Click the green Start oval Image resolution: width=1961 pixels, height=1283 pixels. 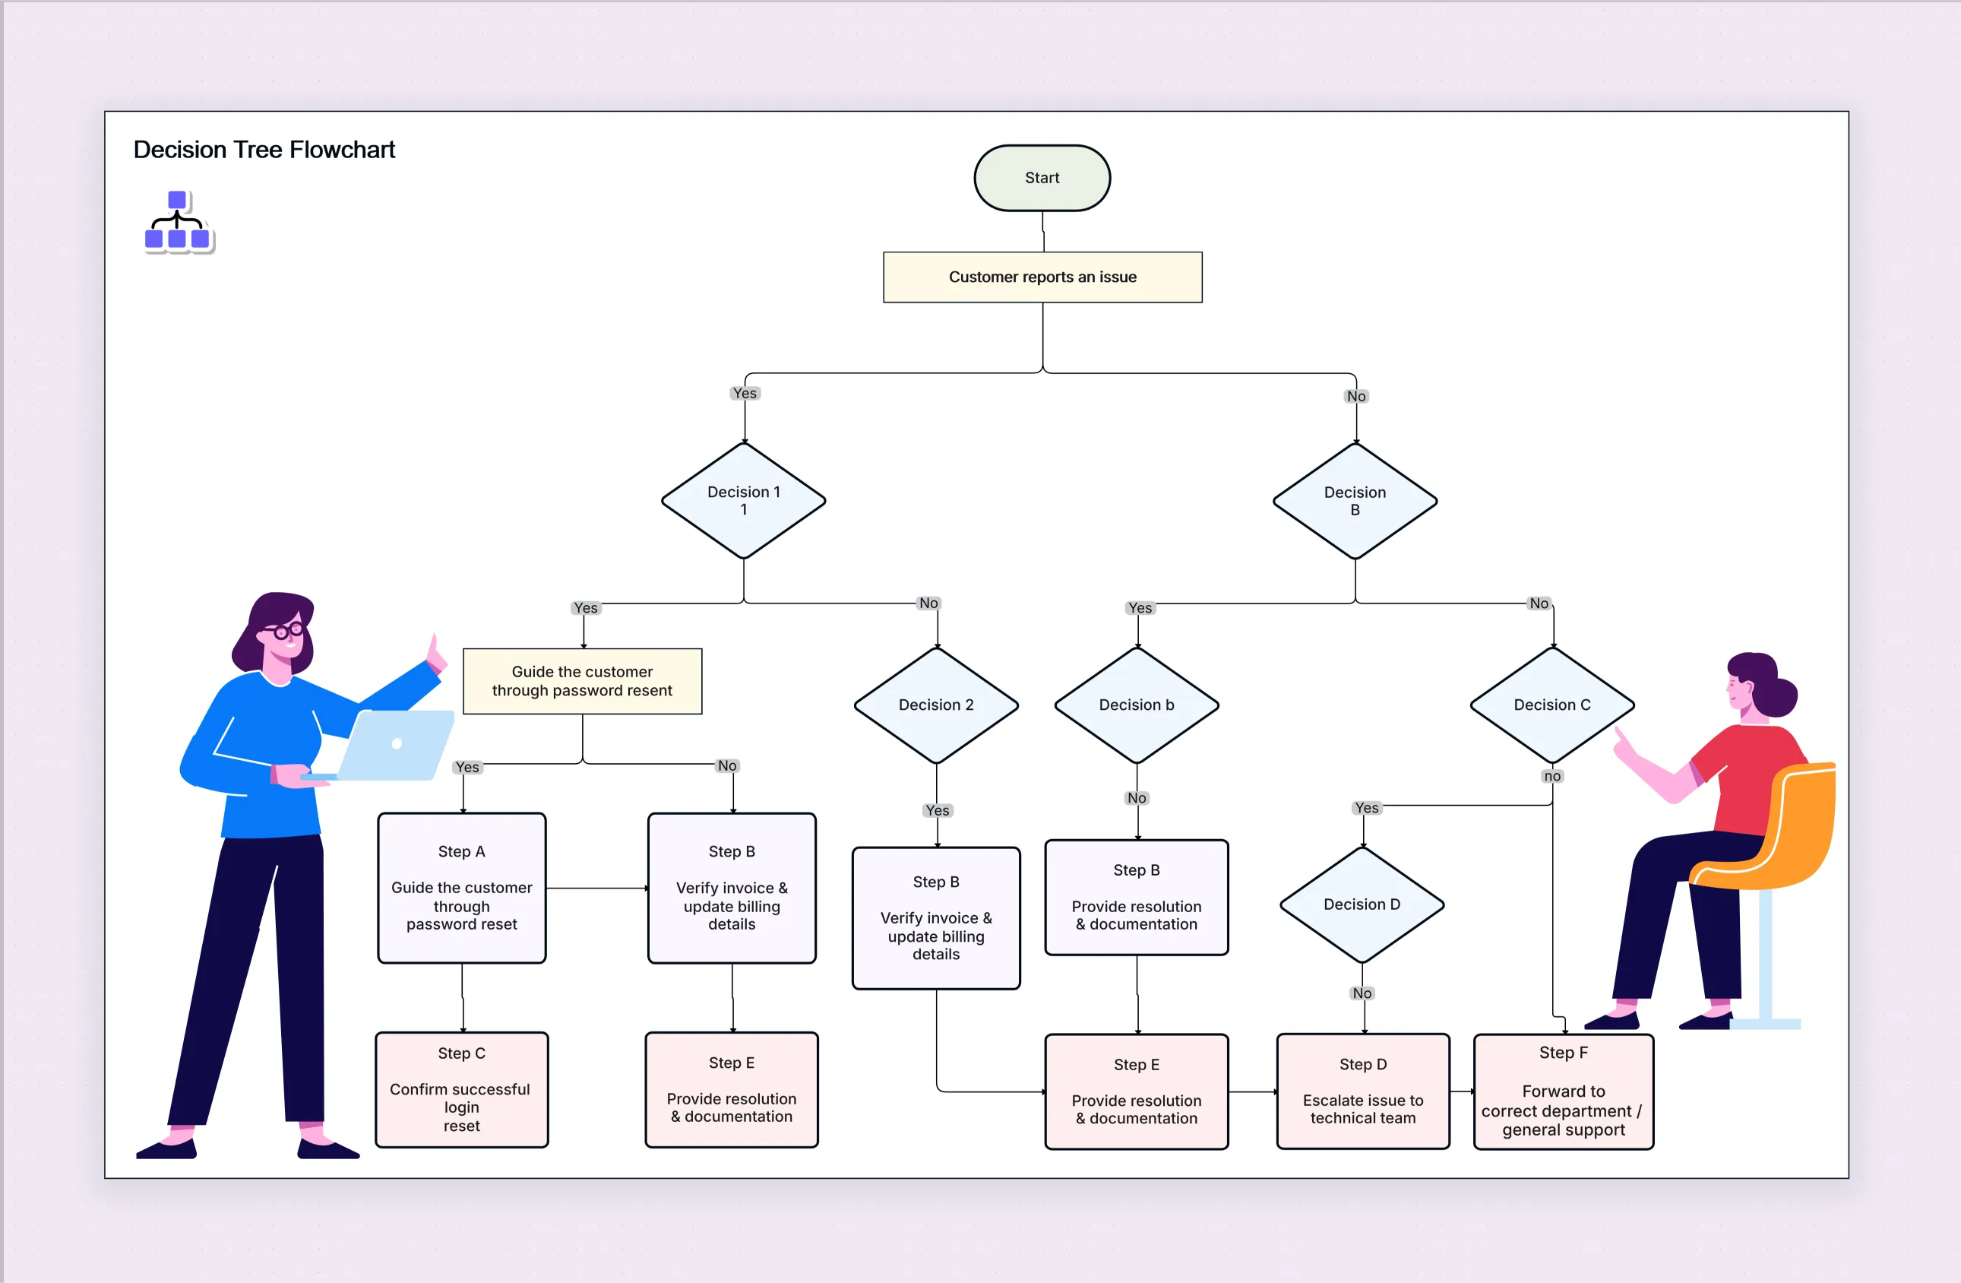1042,178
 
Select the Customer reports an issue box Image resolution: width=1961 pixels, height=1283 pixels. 1042,277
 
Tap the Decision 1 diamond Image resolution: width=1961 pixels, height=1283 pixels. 743,500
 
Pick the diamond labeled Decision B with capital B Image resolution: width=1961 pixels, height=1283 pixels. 1355,500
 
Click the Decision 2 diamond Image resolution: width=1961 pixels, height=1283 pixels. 936,705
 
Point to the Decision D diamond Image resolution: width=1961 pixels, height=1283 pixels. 1362,904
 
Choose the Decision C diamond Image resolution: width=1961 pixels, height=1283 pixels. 1551,705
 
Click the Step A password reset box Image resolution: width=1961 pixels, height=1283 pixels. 461,888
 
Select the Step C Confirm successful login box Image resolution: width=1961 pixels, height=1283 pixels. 461,1088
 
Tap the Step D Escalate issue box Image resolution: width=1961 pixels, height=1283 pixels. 1362,1090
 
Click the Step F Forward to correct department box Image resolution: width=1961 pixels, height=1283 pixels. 1562,1091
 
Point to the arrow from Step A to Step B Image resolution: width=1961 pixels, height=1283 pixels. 596,888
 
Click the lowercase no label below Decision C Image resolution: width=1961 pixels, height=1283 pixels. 1551,775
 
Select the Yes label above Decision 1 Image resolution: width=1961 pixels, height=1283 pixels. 744,393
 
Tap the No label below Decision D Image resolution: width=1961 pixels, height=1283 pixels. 1362,993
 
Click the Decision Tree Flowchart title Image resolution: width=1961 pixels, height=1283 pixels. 264,149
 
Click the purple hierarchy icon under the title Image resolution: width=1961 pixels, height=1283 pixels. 178,222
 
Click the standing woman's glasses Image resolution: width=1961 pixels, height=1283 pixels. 283,631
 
